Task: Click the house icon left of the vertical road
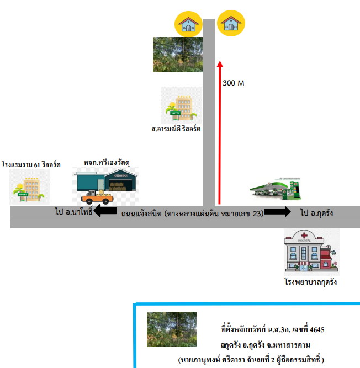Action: [188, 24]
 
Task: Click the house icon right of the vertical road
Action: [231, 23]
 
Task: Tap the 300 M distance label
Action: [234, 83]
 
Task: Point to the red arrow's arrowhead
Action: [220, 64]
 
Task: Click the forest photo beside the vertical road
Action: [178, 55]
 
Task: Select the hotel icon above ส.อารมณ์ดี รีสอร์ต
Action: [182, 105]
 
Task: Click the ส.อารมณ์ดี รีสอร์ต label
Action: [176, 129]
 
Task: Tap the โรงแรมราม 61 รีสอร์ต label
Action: [31, 164]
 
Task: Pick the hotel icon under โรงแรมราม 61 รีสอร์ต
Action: [29, 187]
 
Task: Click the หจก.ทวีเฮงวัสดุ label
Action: [107, 162]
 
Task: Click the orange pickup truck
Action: [97, 197]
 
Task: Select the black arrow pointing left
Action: [105, 211]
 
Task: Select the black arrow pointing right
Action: [278, 212]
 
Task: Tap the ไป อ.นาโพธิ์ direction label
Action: [74, 211]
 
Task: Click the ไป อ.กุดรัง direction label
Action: [317, 212]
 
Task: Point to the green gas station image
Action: [275, 189]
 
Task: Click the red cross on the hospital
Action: [304, 235]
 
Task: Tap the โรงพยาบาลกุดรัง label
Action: [311, 281]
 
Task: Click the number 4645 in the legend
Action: [317, 330]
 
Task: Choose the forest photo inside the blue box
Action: [172, 329]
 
